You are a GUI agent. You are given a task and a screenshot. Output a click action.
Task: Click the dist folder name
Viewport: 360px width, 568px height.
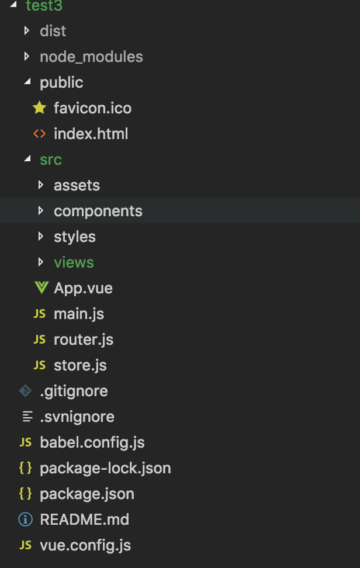click(x=53, y=31)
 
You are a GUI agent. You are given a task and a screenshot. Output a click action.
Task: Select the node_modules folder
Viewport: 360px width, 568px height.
click(x=91, y=57)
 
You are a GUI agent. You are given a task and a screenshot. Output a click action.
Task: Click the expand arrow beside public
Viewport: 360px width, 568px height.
click(x=26, y=82)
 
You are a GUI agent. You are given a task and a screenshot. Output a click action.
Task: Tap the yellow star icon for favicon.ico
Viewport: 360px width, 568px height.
click(x=39, y=108)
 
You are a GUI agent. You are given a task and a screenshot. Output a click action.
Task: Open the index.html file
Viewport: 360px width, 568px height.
click(x=91, y=134)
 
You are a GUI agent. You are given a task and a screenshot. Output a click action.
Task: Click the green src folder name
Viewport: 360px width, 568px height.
click(x=51, y=160)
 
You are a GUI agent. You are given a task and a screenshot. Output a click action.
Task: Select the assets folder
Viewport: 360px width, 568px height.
click(x=77, y=185)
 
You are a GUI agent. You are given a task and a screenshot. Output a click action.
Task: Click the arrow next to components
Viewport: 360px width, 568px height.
click(x=40, y=211)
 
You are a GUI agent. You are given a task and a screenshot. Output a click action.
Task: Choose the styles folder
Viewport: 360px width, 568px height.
click(x=74, y=237)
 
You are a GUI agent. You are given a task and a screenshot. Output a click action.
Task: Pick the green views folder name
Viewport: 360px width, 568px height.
click(x=74, y=262)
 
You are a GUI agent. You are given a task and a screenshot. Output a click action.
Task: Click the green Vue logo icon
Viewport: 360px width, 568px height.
click(x=40, y=288)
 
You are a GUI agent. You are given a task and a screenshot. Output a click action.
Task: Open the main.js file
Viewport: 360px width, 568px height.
click(x=78, y=314)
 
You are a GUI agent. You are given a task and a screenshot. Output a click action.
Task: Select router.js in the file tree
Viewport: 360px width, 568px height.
click(x=83, y=340)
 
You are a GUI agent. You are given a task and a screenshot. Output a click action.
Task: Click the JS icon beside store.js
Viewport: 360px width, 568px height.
click(x=40, y=365)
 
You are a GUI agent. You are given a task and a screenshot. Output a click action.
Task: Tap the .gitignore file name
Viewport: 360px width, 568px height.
click(x=74, y=391)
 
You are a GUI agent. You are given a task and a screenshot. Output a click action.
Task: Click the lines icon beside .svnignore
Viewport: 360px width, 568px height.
click(x=26, y=417)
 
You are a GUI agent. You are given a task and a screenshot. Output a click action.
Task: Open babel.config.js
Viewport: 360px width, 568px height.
click(x=92, y=442)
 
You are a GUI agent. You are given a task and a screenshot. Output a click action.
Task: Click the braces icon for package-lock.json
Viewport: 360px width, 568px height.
click(x=26, y=468)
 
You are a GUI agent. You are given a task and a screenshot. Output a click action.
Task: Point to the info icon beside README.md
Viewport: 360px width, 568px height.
click(x=26, y=519)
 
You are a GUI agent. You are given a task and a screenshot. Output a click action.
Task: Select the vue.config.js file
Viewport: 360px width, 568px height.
click(x=85, y=545)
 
